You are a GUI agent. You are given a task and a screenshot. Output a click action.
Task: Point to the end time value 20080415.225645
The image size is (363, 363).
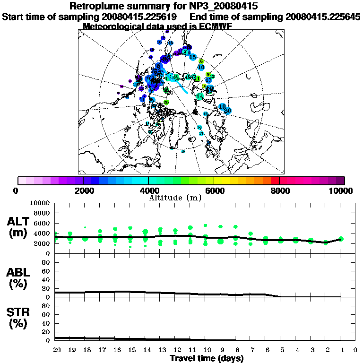coord(323,17)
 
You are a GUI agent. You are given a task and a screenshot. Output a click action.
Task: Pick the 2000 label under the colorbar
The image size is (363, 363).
coord(83,191)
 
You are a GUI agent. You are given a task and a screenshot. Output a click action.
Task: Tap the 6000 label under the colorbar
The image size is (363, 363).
coord(214,191)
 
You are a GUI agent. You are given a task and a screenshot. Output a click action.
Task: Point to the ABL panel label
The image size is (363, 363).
coord(18,273)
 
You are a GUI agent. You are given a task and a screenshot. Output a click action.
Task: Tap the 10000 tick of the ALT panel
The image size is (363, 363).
coord(40,203)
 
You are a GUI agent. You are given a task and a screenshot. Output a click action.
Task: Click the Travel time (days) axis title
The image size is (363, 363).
coord(207,358)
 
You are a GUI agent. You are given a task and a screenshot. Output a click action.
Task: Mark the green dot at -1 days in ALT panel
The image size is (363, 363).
coord(340,239)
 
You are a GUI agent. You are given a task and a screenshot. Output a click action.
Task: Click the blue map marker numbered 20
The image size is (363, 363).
coord(227,110)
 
